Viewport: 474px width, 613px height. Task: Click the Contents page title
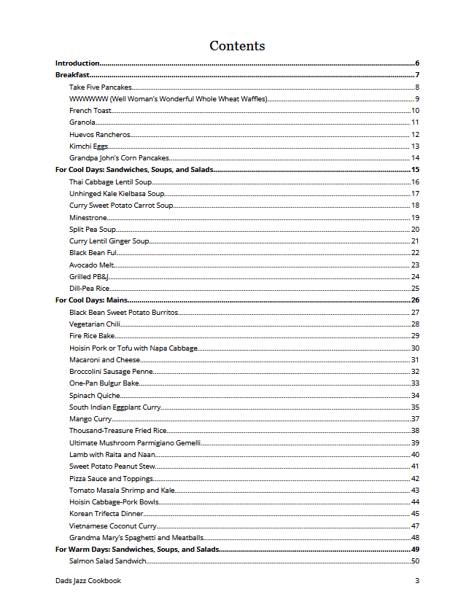pyautogui.click(x=237, y=46)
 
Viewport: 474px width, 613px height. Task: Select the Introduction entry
pyautogui.click(x=77, y=63)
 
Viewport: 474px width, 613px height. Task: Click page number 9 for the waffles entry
pyautogui.click(x=416, y=99)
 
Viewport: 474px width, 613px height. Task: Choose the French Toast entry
pyautogui.click(x=90, y=111)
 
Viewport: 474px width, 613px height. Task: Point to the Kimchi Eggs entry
pyautogui.click(x=89, y=147)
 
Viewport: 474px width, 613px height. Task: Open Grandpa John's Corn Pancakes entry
pyautogui.click(x=119, y=158)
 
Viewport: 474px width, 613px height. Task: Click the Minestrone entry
pyautogui.click(x=88, y=217)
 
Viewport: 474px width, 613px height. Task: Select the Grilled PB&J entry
pyautogui.click(x=89, y=276)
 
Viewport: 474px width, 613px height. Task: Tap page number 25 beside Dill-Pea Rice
pyautogui.click(x=415, y=289)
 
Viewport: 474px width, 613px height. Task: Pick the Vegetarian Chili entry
pyautogui.click(x=95, y=324)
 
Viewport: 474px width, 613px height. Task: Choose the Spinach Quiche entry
pyautogui.click(x=95, y=395)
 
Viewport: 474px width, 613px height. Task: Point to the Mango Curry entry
pyautogui.click(x=90, y=419)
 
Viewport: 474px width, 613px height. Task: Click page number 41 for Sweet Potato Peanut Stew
pyautogui.click(x=415, y=466)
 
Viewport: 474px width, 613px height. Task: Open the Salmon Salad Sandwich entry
pyautogui.click(x=108, y=561)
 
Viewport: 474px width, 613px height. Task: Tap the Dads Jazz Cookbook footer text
pyautogui.click(x=88, y=581)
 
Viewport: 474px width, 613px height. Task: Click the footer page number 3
pyautogui.click(x=417, y=581)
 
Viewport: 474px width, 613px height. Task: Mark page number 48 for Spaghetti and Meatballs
pyautogui.click(x=415, y=538)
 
